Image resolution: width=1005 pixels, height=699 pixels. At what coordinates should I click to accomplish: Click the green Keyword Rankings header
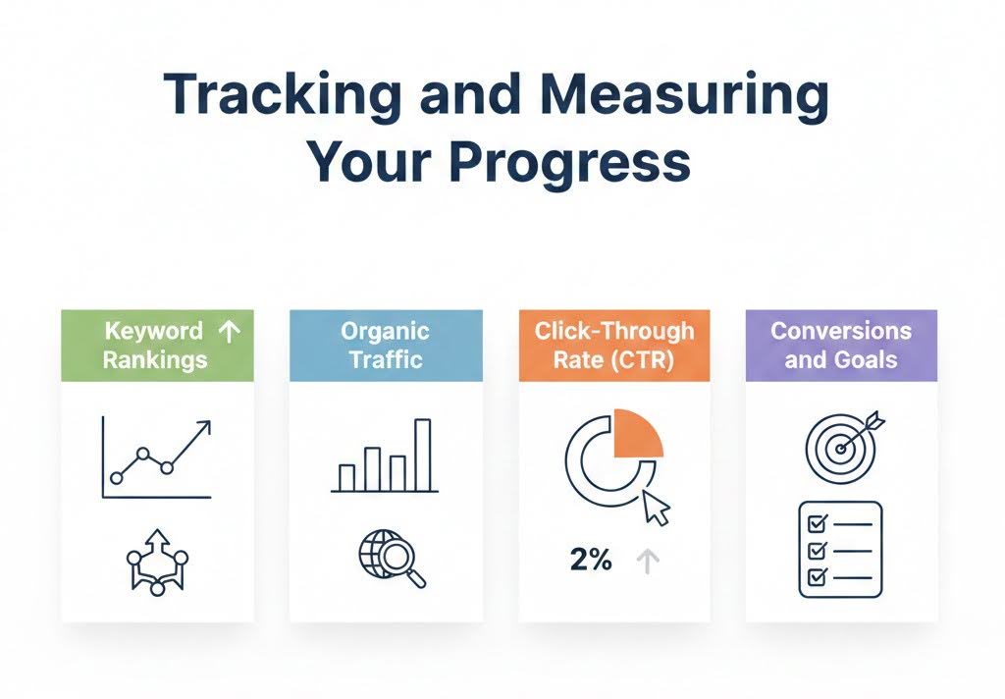(157, 346)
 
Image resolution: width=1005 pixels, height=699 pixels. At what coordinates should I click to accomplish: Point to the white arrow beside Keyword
(228, 332)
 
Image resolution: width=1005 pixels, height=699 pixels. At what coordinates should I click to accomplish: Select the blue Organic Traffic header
(386, 346)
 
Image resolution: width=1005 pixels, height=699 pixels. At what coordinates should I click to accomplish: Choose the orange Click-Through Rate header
(613, 346)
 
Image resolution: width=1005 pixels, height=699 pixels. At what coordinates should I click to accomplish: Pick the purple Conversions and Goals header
(841, 346)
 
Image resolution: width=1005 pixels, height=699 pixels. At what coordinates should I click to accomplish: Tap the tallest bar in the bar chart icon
(423, 455)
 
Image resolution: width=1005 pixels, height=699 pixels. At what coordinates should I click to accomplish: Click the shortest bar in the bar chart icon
(346, 477)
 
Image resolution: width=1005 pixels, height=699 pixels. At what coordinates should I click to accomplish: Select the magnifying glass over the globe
(400, 562)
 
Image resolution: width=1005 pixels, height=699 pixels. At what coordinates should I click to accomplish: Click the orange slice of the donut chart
(636, 437)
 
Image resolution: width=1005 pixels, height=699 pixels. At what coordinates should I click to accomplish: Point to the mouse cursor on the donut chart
(655, 508)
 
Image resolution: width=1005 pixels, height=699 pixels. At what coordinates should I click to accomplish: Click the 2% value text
(591, 561)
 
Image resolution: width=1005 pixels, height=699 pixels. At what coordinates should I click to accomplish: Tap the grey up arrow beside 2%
(648, 561)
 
